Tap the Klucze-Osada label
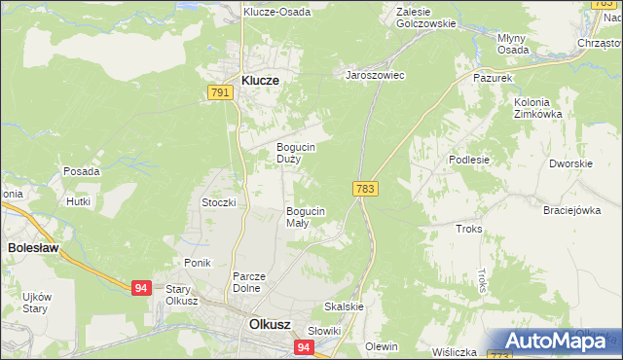(x=277, y=13)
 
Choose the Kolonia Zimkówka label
(x=532, y=108)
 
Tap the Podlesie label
(x=468, y=160)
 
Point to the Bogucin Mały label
(x=305, y=216)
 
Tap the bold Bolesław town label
(x=33, y=248)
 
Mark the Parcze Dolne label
(x=249, y=282)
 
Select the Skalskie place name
(x=344, y=306)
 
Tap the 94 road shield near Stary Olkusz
(x=142, y=287)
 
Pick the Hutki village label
(x=78, y=201)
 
